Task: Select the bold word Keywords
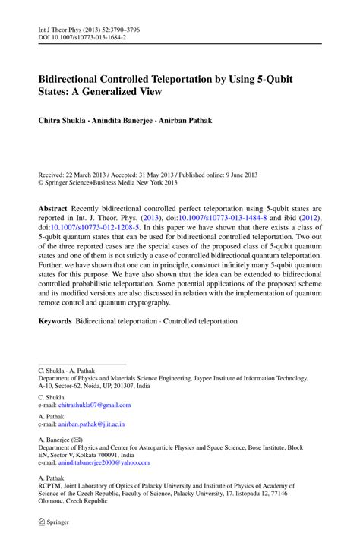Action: coord(55,321)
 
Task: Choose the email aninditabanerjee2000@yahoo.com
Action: coord(106,462)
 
